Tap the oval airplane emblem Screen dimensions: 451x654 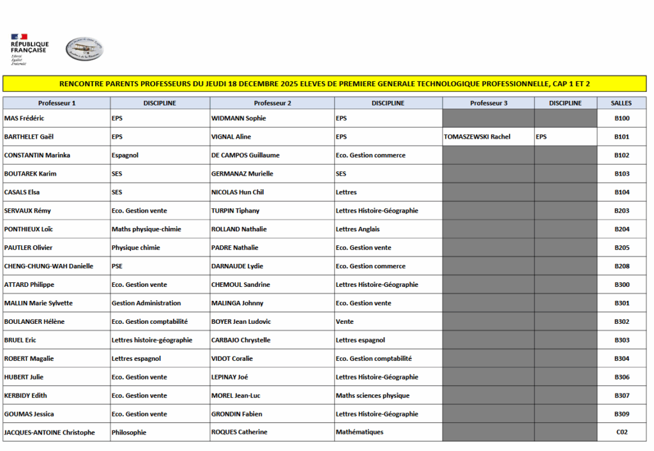point(84,49)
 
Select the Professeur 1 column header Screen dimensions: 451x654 point(57,103)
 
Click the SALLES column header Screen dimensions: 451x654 point(621,103)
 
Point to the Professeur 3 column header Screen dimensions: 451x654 point(489,103)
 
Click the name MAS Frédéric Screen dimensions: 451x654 point(24,118)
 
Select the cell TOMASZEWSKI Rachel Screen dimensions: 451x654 point(477,137)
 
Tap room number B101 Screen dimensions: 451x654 point(621,137)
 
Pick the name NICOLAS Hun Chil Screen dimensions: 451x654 point(238,192)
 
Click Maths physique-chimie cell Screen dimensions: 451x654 point(146,229)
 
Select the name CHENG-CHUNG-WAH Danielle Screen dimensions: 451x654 point(49,266)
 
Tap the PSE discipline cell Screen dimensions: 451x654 point(117,266)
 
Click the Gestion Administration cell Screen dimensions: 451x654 point(146,303)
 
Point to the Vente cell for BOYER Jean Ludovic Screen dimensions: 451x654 point(344,322)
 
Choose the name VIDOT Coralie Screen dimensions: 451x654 point(232,359)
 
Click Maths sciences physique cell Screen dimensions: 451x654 point(372,396)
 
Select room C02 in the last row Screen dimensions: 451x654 point(621,432)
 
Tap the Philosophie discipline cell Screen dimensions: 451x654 point(129,432)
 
